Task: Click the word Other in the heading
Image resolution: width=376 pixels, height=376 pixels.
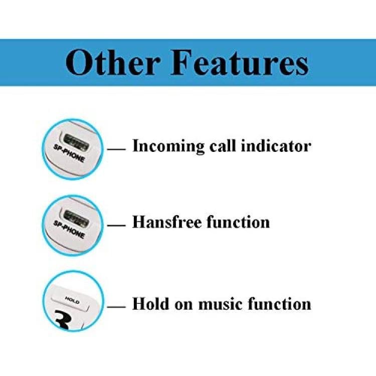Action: tap(113, 62)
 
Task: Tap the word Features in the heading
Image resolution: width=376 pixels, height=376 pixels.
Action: tap(240, 62)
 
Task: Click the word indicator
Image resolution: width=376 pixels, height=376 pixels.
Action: tap(276, 145)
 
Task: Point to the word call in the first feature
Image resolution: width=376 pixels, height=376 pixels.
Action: tap(223, 145)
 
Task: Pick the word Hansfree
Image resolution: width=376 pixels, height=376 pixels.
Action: tap(167, 222)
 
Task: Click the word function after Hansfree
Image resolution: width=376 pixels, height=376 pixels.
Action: tap(238, 222)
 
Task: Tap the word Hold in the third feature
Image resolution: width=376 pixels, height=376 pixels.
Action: tap(150, 304)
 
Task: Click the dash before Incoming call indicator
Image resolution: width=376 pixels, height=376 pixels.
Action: tap(116, 149)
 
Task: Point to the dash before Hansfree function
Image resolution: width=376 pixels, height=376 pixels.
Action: tap(116, 226)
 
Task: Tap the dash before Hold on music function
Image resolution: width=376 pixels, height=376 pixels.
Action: tap(116, 307)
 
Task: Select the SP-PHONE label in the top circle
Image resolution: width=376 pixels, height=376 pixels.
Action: tap(69, 153)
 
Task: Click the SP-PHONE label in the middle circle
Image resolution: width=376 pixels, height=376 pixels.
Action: tap(69, 230)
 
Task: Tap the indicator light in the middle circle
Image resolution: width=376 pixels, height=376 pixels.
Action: tap(76, 219)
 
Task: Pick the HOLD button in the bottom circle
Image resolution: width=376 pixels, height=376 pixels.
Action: tap(70, 301)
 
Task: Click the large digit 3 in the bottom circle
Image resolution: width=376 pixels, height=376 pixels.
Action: tap(63, 320)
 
